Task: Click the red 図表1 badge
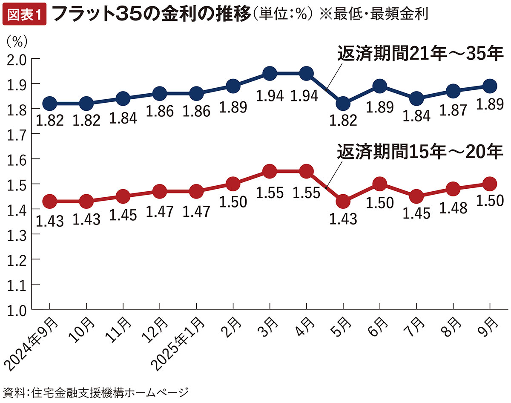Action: (24, 15)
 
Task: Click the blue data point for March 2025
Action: (270, 74)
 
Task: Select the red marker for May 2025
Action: (343, 201)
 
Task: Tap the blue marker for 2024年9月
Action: (50, 104)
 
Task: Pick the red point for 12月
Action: (160, 192)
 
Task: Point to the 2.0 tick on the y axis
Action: (17, 59)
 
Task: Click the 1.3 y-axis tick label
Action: (17, 234)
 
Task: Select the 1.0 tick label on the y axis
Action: (17, 310)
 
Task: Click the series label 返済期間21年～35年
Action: (420, 54)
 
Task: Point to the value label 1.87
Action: (452, 109)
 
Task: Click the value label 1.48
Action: (452, 207)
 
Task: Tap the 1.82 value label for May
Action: (343, 121)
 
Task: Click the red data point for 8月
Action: (453, 189)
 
